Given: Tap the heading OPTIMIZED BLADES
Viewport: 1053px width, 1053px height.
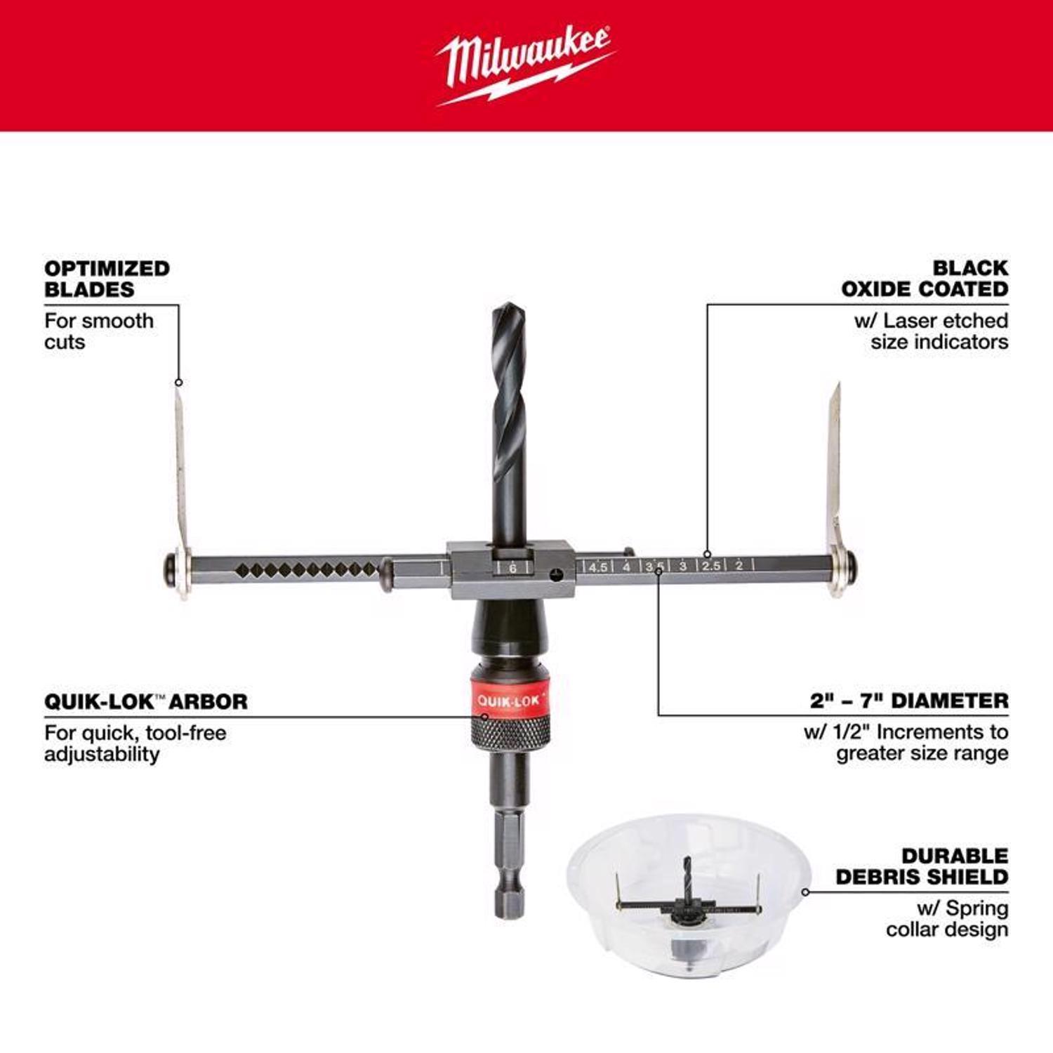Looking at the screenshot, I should point(107,279).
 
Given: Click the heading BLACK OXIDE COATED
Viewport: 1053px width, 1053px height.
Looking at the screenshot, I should point(925,278).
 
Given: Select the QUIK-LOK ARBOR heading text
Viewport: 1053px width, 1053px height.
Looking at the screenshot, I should point(146,701).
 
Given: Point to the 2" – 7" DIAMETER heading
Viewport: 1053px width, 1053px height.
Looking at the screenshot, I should point(909,701).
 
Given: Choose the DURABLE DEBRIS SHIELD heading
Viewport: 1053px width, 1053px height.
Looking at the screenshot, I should point(922,866).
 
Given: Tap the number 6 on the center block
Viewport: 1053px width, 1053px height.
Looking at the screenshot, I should point(513,568).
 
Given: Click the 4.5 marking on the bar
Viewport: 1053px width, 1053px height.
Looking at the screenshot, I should point(598,567).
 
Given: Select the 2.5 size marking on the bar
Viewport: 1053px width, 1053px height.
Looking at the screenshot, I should point(711,565).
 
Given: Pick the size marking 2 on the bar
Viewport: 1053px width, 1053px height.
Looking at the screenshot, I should point(739,565).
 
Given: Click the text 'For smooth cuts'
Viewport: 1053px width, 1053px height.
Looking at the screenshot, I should point(98,331).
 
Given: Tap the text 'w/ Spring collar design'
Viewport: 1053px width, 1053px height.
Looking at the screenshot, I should point(947,919).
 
